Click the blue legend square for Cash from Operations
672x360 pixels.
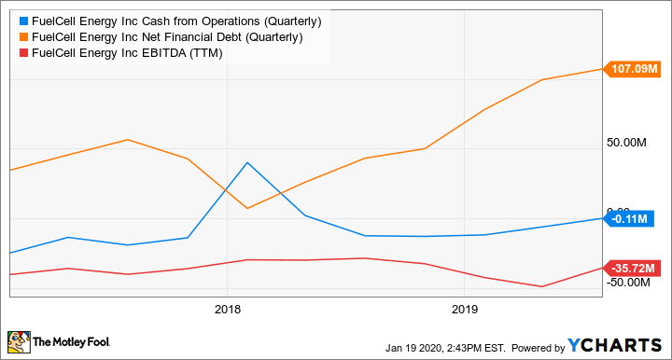click(x=22, y=20)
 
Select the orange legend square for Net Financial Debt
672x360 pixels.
click(x=22, y=36)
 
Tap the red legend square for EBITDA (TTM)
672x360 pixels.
click(x=22, y=53)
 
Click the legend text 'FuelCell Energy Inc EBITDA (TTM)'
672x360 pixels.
click(x=125, y=53)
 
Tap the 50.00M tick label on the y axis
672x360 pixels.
click(x=627, y=143)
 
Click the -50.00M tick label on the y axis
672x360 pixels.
click(x=628, y=283)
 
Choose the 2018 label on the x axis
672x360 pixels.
click(x=228, y=309)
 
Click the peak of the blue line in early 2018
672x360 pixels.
click(x=247, y=162)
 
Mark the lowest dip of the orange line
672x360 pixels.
click(x=246, y=208)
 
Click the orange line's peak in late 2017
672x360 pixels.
click(x=128, y=140)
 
